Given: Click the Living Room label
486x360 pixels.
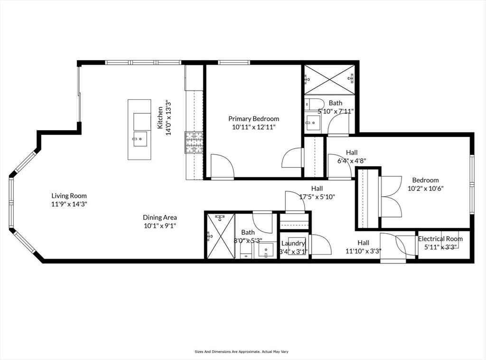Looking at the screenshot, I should click(69, 196).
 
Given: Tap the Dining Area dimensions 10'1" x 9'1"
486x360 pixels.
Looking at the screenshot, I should click(160, 226).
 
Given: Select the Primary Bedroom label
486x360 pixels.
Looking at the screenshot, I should click(253, 119).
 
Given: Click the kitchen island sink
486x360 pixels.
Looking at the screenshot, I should click(140, 140).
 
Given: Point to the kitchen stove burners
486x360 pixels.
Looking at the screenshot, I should click(194, 143).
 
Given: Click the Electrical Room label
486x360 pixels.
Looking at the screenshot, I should click(440, 239).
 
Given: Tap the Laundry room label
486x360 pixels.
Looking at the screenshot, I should click(293, 244).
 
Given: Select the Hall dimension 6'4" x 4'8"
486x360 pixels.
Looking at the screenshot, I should click(352, 161).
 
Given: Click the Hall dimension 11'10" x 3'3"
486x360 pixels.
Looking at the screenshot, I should click(364, 251).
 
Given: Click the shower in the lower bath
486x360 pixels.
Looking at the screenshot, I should click(221, 236).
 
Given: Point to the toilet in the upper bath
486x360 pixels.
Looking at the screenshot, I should click(313, 104).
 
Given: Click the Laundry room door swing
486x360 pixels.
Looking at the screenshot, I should click(321, 245).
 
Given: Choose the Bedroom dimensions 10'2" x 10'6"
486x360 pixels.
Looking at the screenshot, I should click(425, 188).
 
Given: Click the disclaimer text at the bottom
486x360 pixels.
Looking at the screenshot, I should click(242, 352).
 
